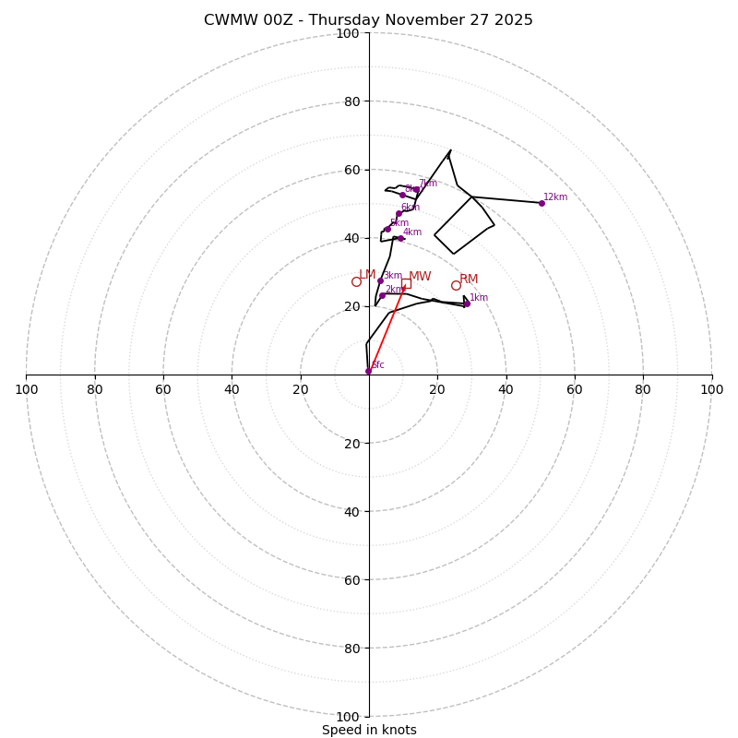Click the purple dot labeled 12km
pos(542,203)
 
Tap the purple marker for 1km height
pos(467,304)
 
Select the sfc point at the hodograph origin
pos(368,371)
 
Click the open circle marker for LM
pos(356,281)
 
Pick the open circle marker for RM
pos(456,285)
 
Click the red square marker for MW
pos(406,283)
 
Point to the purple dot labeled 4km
pos(400,238)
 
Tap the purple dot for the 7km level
pos(416,189)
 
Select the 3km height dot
pos(380,280)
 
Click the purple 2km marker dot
pos(382,295)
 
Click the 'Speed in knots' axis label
pos(369,730)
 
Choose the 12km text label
pos(555,197)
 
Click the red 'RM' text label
pos(469,280)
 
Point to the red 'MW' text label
pos(420,277)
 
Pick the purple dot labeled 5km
pos(387,229)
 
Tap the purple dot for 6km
pos(399,213)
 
